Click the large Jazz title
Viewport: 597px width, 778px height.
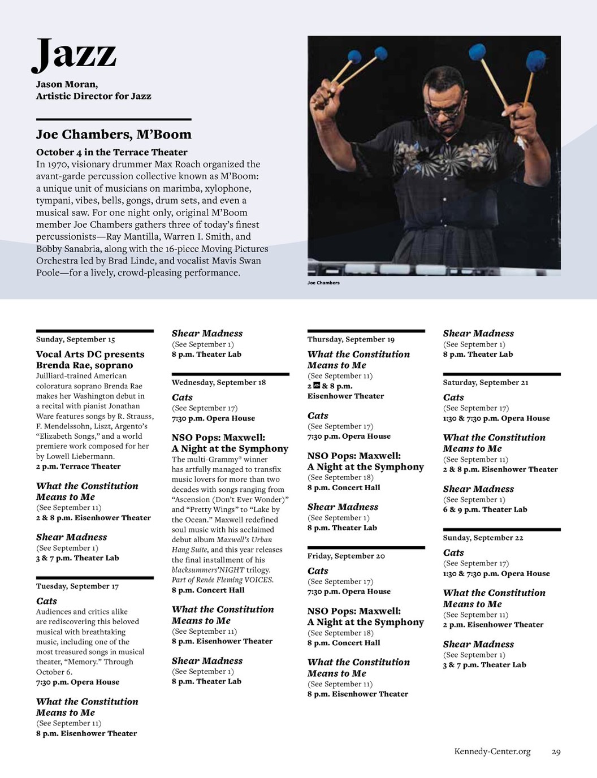pyautogui.click(x=75, y=55)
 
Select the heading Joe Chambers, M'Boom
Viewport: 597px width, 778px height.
pyautogui.click(x=114, y=135)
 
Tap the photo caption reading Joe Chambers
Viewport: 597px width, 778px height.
pyautogui.click(x=323, y=283)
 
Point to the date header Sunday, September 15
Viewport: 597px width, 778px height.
pyautogui.click(x=76, y=339)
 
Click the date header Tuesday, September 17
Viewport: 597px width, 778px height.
pyautogui.click(x=77, y=586)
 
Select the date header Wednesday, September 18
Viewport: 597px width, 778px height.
pyautogui.click(x=219, y=382)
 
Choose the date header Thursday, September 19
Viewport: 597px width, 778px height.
pyautogui.click(x=351, y=339)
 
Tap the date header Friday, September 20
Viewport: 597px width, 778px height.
pyautogui.click(x=346, y=556)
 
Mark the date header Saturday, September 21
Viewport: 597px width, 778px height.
pyautogui.click(x=486, y=382)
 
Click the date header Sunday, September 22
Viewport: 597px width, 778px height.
pyautogui.click(x=483, y=538)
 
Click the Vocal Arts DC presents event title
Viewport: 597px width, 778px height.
pyautogui.click(x=90, y=355)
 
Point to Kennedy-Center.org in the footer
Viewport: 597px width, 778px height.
pyautogui.click(x=492, y=751)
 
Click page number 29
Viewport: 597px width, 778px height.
pyautogui.click(x=556, y=752)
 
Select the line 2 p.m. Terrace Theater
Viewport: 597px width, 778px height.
pyautogui.click(x=79, y=466)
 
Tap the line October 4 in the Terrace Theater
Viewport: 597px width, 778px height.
pyautogui.click(x=112, y=152)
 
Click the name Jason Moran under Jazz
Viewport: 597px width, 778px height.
pyautogui.click(x=67, y=84)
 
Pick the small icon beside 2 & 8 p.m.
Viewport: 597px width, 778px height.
pyautogui.click(x=317, y=386)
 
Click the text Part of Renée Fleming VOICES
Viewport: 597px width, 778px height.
pyautogui.click(x=223, y=580)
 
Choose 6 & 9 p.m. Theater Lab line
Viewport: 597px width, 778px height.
pyautogui.click(x=485, y=509)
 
